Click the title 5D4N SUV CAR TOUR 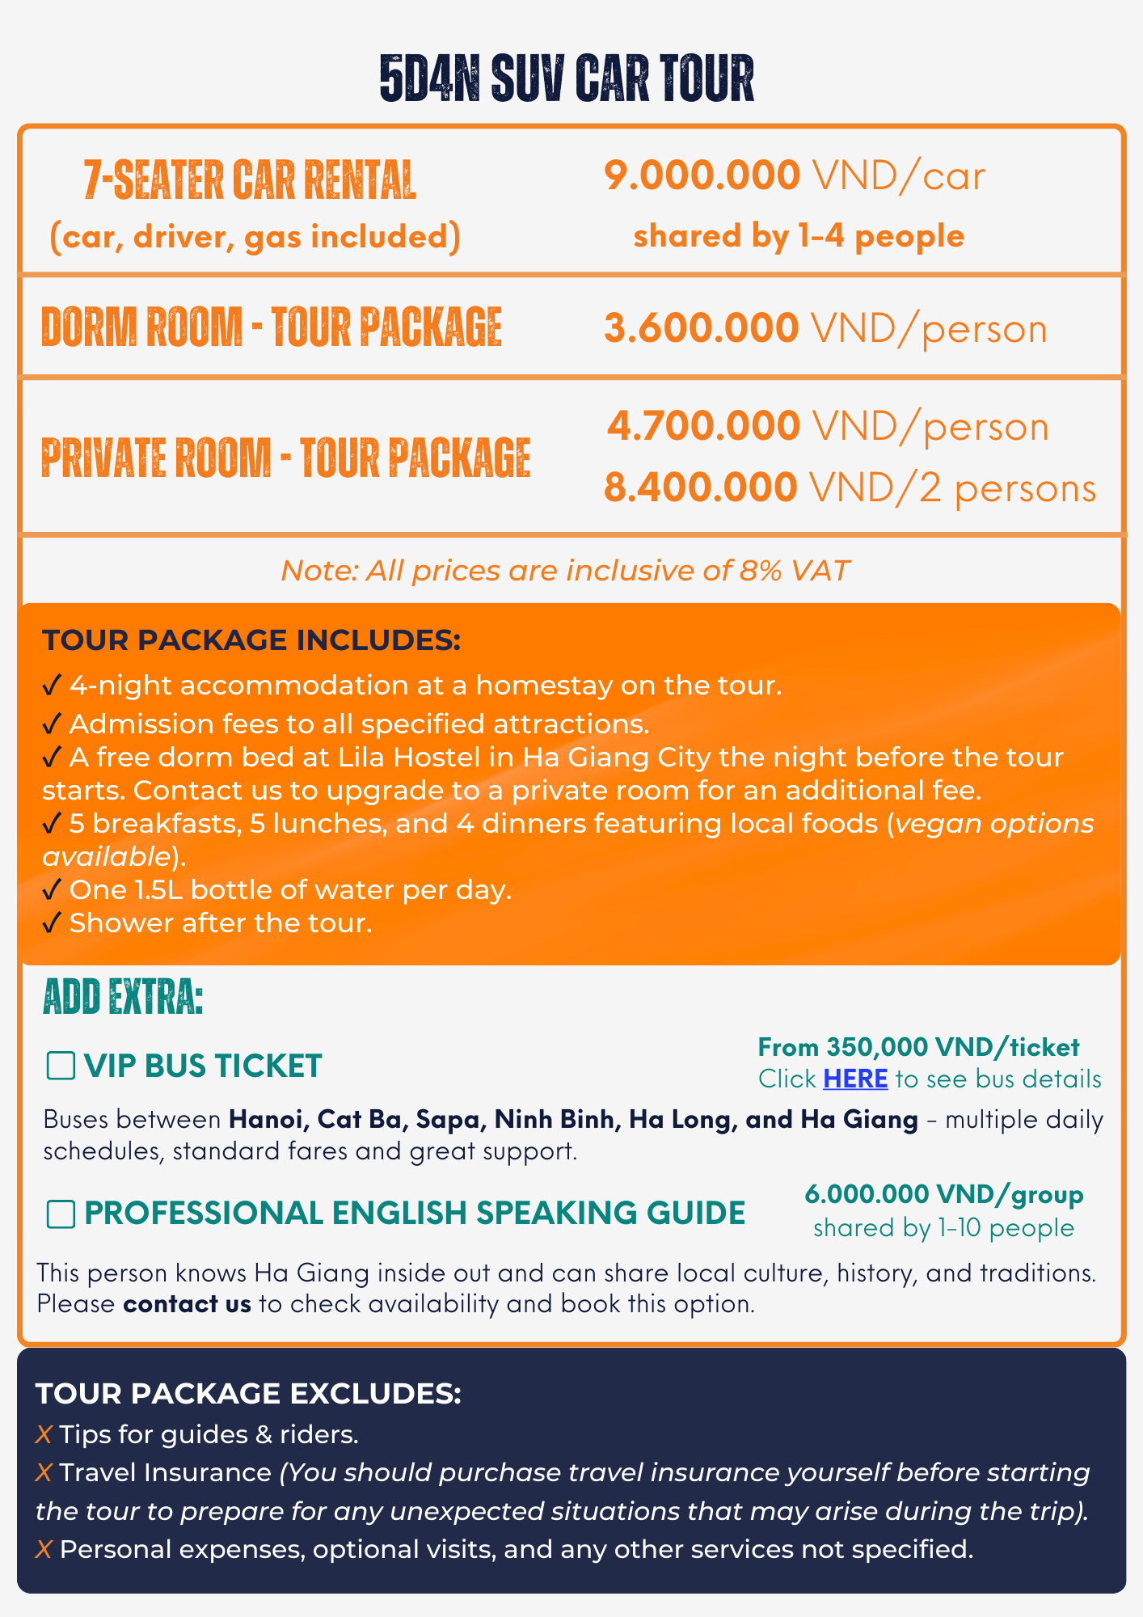[x=567, y=79]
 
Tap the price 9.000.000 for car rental [x=702, y=175]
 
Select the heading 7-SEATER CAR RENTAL [x=250, y=179]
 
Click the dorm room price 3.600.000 [x=701, y=328]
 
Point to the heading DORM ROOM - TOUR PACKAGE [x=272, y=327]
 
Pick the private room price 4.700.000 [x=703, y=426]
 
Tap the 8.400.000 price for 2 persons [x=701, y=488]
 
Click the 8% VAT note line [x=565, y=571]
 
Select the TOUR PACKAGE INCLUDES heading [x=251, y=640]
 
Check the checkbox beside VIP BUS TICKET [x=61, y=1066]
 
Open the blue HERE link [x=855, y=1079]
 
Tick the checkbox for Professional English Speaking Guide [x=61, y=1214]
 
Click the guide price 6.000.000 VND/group [x=943, y=1194]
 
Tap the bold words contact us [x=187, y=1303]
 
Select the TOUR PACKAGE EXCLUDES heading [x=248, y=1393]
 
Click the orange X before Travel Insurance [x=44, y=1472]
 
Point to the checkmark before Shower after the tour [x=52, y=922]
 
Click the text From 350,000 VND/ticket [x=918, y=1047]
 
